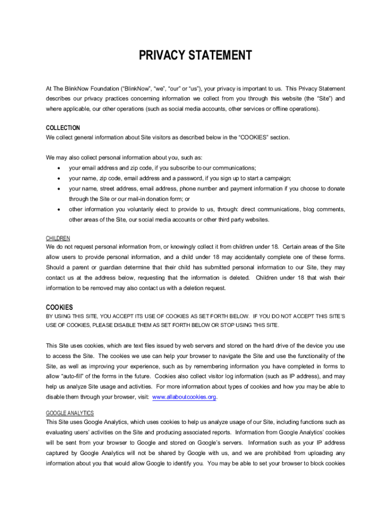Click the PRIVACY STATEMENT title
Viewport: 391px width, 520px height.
195,55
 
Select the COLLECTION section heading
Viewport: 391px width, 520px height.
63,128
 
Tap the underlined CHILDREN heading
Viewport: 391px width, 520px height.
58,238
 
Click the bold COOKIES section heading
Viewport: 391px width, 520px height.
59,307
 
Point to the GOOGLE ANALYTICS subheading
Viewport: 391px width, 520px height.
70,413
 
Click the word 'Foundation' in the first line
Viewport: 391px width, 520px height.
108,88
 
